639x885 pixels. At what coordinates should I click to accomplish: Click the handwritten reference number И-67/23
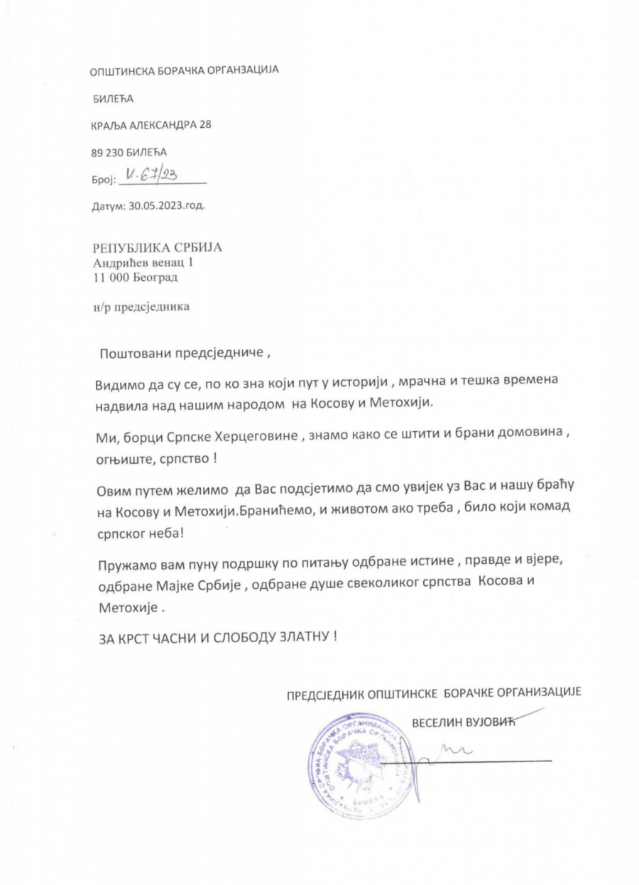[152, 174]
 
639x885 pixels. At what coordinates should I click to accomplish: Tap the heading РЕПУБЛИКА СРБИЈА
[158, 248]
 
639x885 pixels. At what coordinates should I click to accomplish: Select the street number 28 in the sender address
[204, 124]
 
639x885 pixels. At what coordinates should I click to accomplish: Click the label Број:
[104, 180]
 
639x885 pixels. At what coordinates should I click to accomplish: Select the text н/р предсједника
[142, 308]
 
